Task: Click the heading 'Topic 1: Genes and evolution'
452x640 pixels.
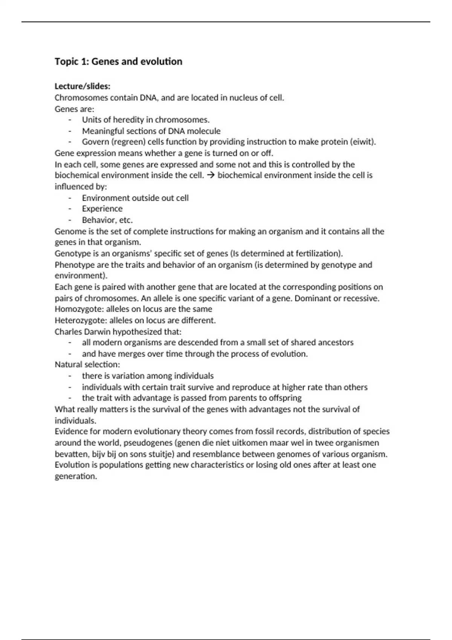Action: pyautogui.click(x=118, y=61)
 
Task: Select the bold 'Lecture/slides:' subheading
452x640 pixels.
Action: pyautogui.click(x=82, y=86)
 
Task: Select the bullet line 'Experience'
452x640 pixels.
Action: pyautogui.click(x=102, y=209)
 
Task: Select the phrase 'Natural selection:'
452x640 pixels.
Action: pyautogui.click(x=87, y=364)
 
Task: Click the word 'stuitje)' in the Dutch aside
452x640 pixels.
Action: pyautogui.click(x=161, y=454)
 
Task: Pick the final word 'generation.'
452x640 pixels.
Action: pyautogui.click(x=76, y=476)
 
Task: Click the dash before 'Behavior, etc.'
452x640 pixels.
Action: pyautogui.click(x=70, y=220)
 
